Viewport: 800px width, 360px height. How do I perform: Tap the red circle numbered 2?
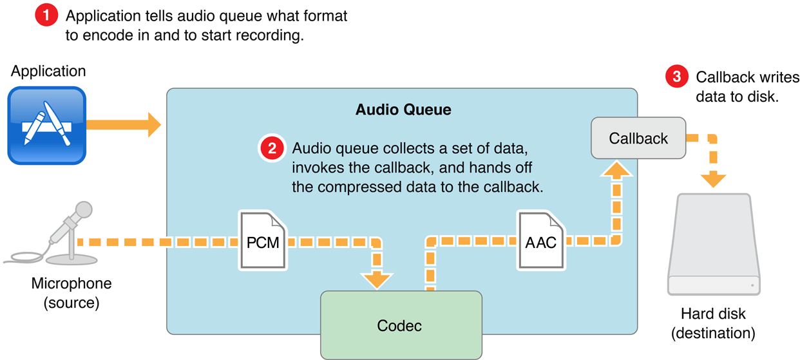click(x=272, y=149)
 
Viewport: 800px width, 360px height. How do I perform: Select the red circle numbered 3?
click(x=676, y=77)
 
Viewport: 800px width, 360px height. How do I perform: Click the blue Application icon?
click(x=46, y=125)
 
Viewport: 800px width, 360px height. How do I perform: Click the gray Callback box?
click(x=638, y=138)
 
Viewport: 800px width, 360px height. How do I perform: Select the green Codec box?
click(x=401, y=325)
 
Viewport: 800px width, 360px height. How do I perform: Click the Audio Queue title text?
click(x=403, y=109)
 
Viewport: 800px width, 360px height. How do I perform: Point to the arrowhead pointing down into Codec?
click(x=376, y=280)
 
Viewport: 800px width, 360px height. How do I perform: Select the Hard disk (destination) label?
click(x=713, y=323)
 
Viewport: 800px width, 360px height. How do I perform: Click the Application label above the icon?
click(x=48, y=71)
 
